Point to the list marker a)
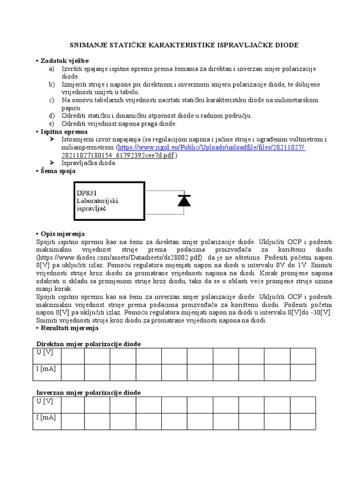coord(52,68)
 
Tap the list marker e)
coord(52,123)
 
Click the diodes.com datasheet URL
coord(120,257)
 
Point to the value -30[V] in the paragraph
coord(322,312)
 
